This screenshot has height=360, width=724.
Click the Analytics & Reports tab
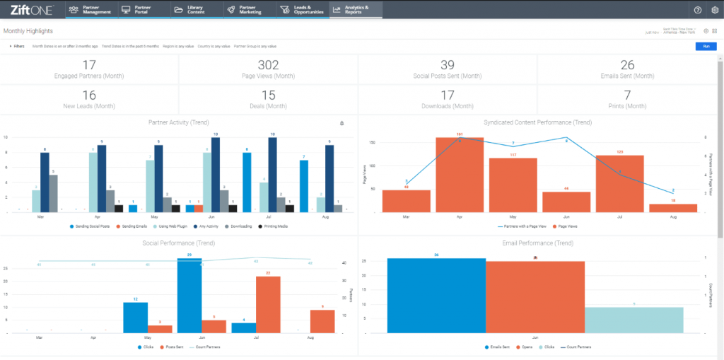pyautogui.click(x=356, y=10)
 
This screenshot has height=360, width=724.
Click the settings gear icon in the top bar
pyautogui.click(x=715, y=10)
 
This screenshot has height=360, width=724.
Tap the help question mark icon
pyautogui.click(x=698, y=10)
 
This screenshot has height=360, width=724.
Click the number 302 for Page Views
pyautogui.click(x=268, y=66)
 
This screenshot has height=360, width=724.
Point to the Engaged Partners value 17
pyautogui.click(x=89, y=66)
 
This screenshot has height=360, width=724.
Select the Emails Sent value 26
pyautogui.click(x=627, y=66)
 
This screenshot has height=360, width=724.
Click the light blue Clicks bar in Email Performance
pyautogui.click(x=634, y=320)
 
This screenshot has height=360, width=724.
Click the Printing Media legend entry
pyautogui.click(x=272, y=226)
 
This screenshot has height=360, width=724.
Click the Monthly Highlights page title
pyautogui.click(x=28, y=31)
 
